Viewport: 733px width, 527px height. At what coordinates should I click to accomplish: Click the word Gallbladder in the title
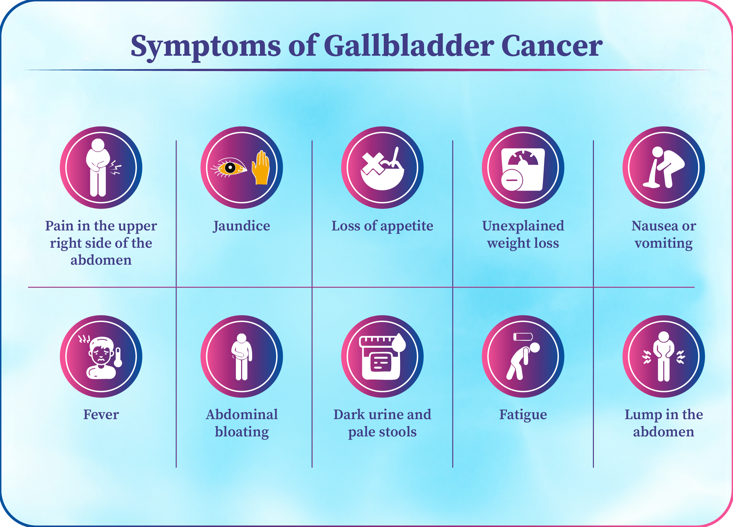[409, 46]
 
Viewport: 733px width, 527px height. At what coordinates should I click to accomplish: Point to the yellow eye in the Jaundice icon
[229, 168]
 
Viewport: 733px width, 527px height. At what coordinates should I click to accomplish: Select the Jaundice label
[241, 226]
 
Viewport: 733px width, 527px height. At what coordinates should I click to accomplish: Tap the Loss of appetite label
[382, 226]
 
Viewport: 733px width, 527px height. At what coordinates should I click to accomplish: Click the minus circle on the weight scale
[512, 180]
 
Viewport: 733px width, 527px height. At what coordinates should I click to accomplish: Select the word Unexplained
[523, 226]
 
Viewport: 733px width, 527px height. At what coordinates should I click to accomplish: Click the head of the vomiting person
[657, 152]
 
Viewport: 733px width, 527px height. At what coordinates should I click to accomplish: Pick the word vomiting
[664, 243]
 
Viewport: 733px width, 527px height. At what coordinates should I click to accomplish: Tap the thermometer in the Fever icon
[118, 358]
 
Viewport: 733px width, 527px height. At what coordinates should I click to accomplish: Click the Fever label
[101, 415]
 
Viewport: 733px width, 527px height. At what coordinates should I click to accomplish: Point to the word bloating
[242, 432]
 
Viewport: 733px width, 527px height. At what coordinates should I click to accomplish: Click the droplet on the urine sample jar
[399, 343]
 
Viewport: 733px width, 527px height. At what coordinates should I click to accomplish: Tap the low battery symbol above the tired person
[523, 337]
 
